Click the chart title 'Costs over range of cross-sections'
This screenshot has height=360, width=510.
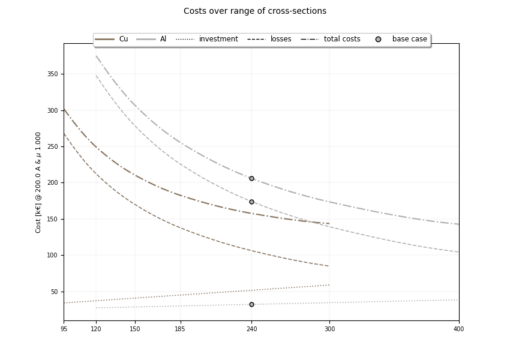click(255, 11)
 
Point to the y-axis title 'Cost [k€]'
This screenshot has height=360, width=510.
click(38, 182)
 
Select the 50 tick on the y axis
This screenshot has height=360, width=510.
click(55, 292)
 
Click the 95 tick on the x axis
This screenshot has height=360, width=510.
click(64, 329)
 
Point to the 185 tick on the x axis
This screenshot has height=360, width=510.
click(180, 329)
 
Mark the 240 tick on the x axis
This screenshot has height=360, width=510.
click(251, 329)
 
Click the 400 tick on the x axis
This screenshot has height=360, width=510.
click(458, 329)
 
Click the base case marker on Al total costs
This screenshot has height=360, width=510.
click(251, 178)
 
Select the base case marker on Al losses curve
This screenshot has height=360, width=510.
click(251, 202)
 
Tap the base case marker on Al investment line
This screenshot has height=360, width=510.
click(251, 304)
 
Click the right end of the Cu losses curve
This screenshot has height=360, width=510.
click(329, 266)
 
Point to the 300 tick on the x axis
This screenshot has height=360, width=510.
click(329, 329)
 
